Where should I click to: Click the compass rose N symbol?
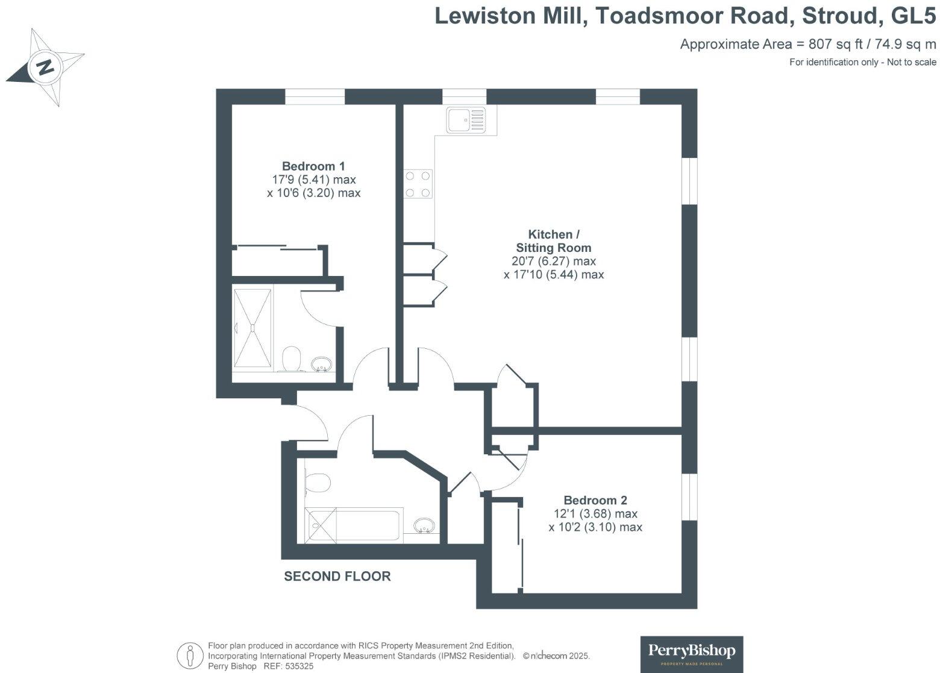(45, 66)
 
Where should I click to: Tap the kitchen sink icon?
(466, 119)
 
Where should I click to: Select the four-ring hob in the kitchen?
(418, 184)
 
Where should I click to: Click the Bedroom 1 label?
(313, 166)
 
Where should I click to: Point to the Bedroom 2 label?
(595, 500)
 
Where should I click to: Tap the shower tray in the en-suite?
(253, 327)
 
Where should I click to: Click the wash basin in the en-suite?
(321, 364)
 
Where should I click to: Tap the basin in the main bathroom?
(425, 526)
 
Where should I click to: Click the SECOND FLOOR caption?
(337, 577)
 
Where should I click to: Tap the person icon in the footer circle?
(191, 656)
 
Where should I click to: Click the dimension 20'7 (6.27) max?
(553, 261)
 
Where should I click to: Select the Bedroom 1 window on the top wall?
(315, 96)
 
